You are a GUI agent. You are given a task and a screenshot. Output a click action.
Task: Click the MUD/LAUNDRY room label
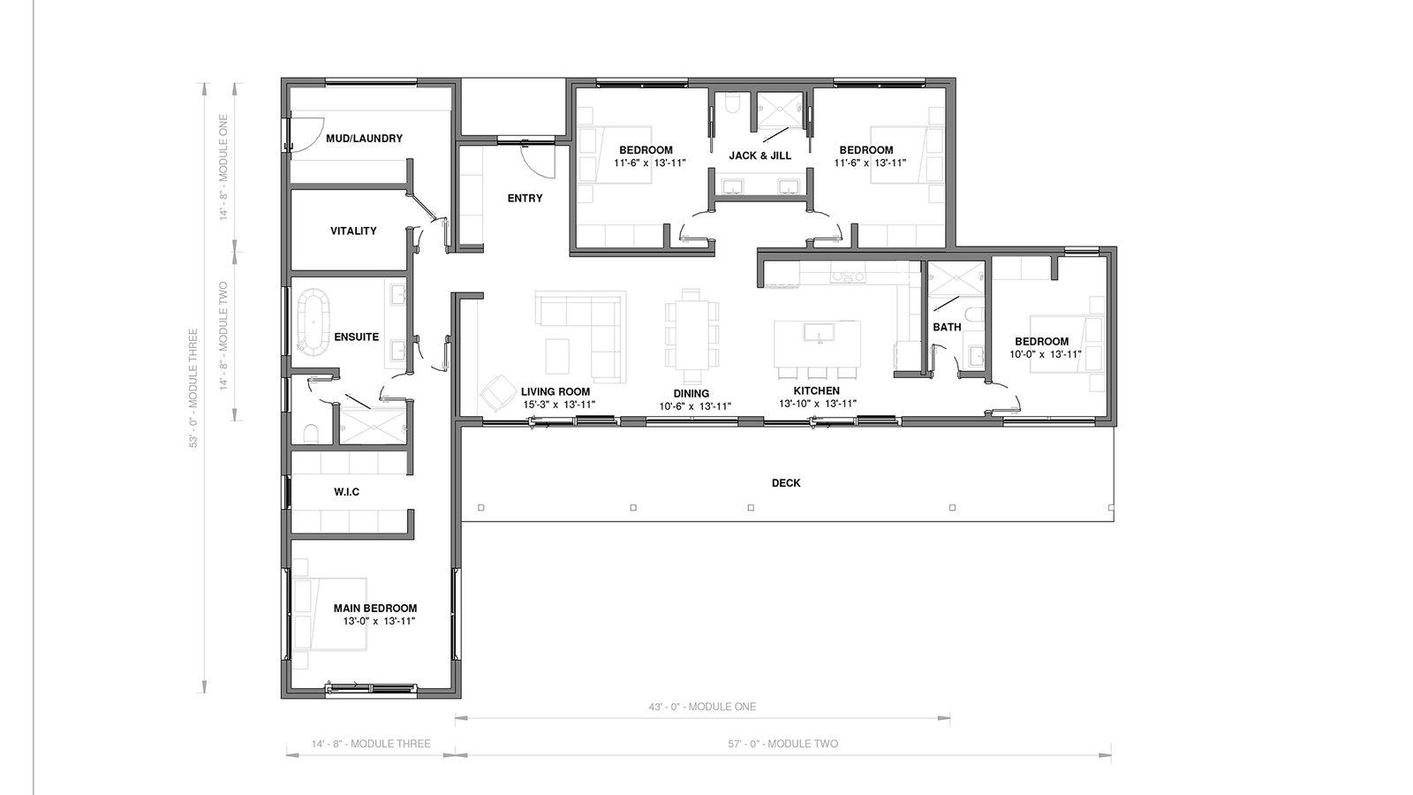coord(364,138)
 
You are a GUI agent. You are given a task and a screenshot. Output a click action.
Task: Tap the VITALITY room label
coord(353,231)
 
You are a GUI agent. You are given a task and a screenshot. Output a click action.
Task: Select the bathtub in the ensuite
coord(314,322)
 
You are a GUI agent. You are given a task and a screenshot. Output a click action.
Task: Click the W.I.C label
coord(346,491)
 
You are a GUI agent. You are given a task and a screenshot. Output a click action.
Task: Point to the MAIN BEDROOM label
coord(375,609)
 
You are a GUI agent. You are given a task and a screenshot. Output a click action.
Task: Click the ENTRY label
coord(525,198)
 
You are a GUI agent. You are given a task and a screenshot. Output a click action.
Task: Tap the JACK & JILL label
coord(760,155)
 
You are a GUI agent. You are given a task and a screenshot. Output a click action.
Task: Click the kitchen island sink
coord(819,332)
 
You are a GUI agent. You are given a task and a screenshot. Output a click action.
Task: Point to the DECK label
coord(786,482)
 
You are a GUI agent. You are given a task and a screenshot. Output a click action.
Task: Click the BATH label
coord(947,327)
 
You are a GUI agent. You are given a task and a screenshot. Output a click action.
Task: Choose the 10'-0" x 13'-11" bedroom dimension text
coord(1046,354)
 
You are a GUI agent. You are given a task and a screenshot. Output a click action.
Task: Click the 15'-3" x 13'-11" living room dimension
coord(559,405)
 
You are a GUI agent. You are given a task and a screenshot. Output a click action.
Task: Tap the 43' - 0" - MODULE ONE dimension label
coord(702,707)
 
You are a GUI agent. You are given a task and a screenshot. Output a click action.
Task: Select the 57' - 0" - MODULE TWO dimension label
coord(782,744)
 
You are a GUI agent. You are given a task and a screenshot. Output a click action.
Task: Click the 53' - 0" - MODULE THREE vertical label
coord(193,389)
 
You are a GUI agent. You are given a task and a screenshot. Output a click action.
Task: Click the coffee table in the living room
coord(557,357)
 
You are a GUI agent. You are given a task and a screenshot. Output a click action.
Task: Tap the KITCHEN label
coord(816,391)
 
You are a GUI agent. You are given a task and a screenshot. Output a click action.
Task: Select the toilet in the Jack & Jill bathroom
coord(732,104)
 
